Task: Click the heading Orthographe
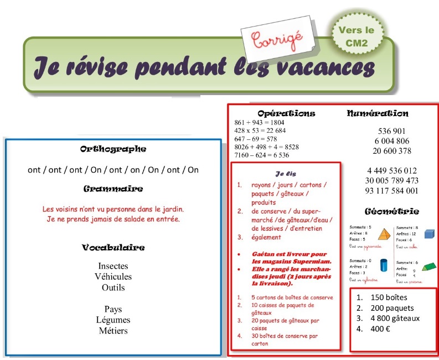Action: (113, 149)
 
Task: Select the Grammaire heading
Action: (113, 189)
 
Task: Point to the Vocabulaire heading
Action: (113, 248)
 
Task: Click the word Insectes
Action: (113, 266)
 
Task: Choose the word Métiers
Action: (113, 331)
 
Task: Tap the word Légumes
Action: (113, 320)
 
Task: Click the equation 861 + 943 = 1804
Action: (259, 122)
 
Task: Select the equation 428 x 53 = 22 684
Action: (260, 131)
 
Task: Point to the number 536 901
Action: (391, 131)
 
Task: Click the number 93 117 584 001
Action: (391, 191)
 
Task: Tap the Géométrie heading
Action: (391, 211)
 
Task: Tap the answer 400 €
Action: (380, 328)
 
